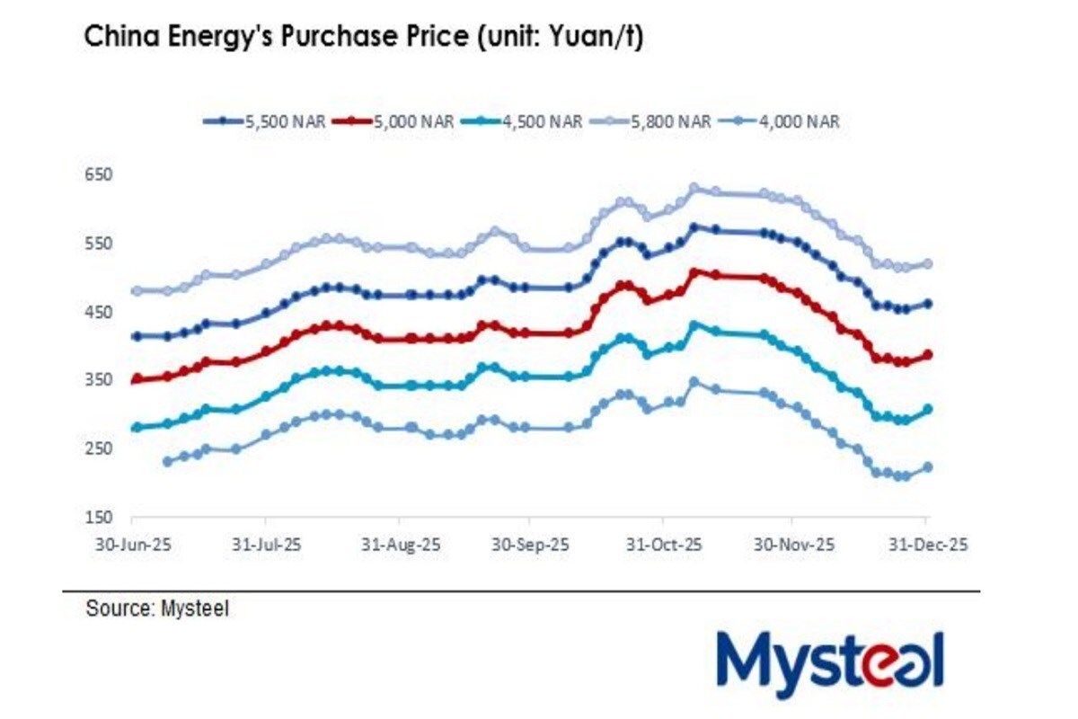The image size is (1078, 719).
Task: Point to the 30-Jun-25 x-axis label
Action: [x=132, y=545]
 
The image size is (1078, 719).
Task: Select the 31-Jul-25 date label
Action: [x=265, y=545]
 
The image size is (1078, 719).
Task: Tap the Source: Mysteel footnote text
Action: [x=157, y=608]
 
